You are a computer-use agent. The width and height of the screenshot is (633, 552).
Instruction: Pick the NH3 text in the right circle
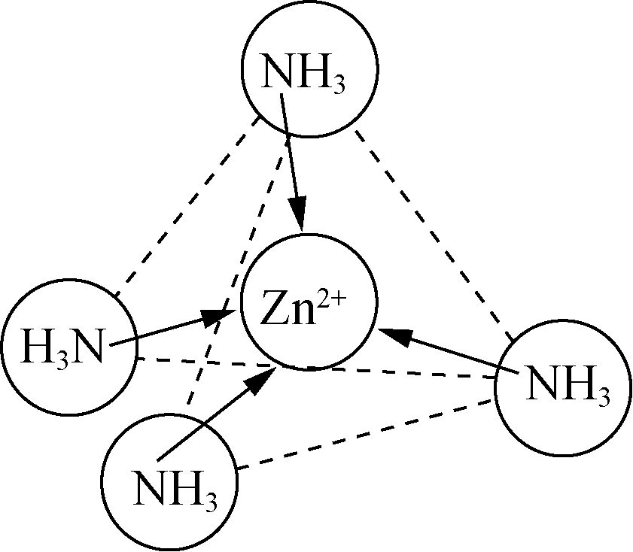tap(566, 386)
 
